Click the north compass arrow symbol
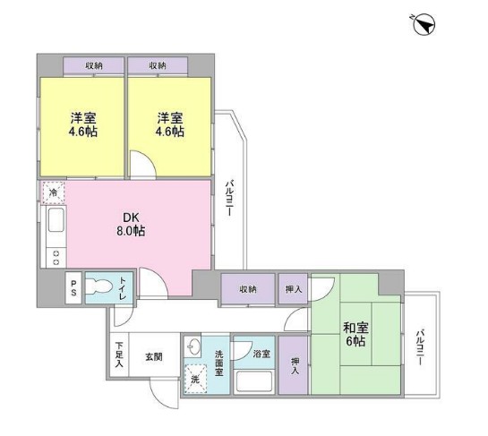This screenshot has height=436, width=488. [x=424, y=24]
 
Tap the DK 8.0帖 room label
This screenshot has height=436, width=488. [x=131, y=224]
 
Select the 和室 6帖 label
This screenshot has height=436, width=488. [x=355, y=334]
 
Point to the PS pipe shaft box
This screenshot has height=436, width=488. [x=73, y=288]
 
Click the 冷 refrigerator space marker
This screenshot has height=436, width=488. [x=53, y=192]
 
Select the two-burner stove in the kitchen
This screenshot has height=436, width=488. [x=56, y=258]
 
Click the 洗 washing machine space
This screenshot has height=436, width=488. [x=195, y=379]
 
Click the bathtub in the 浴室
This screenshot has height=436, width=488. [x=254, y=382]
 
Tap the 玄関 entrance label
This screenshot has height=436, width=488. [x=154, y=356]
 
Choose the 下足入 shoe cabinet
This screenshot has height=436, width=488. [x=119, y=355]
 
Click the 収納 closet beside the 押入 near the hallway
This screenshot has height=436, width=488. [x=248, y=288]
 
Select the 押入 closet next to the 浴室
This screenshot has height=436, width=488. [x=293, y=364]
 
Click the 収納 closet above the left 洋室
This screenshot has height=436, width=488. [x=94, y=65]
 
